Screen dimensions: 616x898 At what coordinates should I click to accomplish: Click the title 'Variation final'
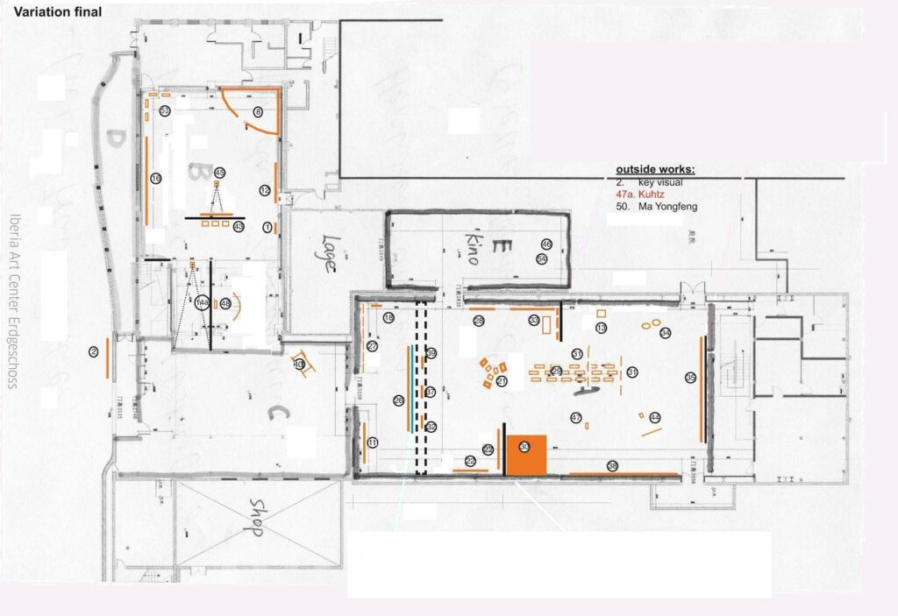point(58,12)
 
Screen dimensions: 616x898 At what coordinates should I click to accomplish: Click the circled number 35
point(690,378)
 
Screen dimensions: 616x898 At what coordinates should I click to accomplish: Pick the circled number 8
point(258,112)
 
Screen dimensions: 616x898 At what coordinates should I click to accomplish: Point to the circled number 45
point(219,173)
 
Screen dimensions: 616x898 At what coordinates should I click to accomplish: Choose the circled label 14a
point(203,303)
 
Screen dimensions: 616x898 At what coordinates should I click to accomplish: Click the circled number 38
point(612,466)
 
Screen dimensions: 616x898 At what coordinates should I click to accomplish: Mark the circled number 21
point(502,381)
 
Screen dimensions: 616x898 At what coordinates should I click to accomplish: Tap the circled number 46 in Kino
point(545,244)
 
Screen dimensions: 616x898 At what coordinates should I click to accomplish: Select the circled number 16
point(156,179)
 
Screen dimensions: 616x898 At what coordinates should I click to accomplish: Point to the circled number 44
point(654,418)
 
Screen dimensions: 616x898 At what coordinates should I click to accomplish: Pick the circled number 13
point(601,328)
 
